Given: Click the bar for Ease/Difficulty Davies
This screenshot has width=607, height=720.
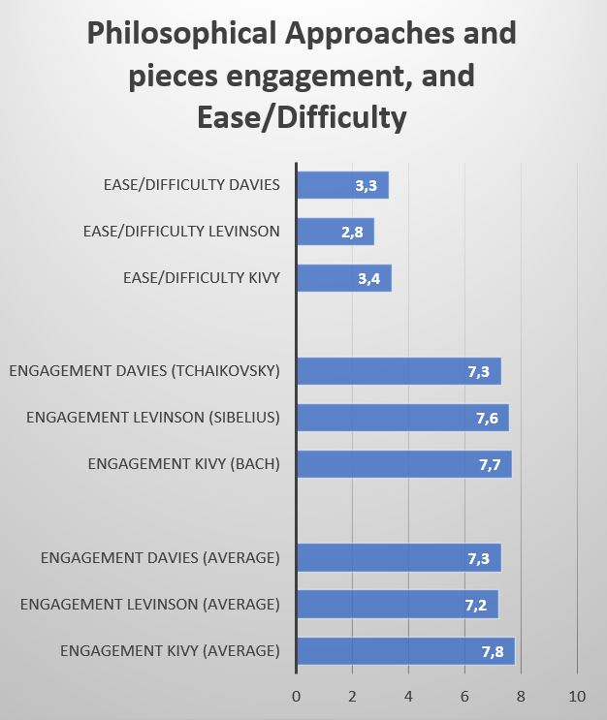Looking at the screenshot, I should pyautogui.click(x=342, y=185).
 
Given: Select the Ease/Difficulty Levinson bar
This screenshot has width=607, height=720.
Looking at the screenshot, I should pyautogui.click(x=335, y=232).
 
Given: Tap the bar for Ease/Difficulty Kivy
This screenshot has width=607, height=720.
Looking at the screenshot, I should pyautogui.click(x=343, y=278).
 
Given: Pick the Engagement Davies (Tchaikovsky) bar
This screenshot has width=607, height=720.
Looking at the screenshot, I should pyautogui.click(x=398, y=371).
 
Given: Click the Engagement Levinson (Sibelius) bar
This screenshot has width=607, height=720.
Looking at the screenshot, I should pyautogui.click(x=402, y=418).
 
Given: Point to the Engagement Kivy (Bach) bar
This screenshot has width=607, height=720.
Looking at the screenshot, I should pyautogui.click(x=403, y=464).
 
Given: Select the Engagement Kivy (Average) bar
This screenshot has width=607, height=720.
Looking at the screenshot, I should pyautogui.click(x=405, y=650).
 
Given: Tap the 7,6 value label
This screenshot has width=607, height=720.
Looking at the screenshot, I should pyautogui.click(x=488, y=419).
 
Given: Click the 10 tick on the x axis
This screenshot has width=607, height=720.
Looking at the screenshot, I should pyautogui.click(x=577, y=695).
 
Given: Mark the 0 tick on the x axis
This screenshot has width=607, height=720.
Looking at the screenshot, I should pyautogui.click(x=297, y=695).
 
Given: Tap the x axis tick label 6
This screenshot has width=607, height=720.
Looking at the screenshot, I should pyautogui.click(x=465, y=695).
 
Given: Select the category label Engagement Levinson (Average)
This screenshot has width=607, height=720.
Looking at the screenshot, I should pyautogui.click(x=150, y=605).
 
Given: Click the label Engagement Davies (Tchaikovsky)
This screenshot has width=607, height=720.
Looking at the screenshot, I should pyautogui.click(x=144, y=372).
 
